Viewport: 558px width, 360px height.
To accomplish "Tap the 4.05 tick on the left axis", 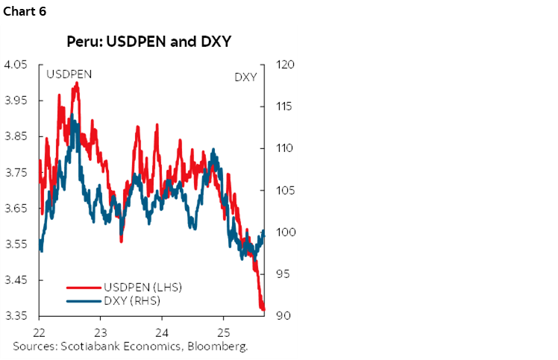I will [x=17, y=65].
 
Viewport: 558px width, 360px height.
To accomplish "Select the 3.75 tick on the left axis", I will [x=17, y=172].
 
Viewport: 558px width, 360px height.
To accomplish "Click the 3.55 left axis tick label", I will [x=17, y=244].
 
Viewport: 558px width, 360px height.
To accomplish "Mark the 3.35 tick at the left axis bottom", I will [x=17, y=315].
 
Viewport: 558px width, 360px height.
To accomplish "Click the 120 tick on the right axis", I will [x=285, y=65].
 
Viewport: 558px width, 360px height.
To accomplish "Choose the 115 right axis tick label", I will [x=285, y=107].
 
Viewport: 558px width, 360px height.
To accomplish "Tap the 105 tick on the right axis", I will [x=285, y=190].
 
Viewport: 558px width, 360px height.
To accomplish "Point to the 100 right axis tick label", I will [x=285, y=232].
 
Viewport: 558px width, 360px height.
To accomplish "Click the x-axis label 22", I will [x=40, y=331].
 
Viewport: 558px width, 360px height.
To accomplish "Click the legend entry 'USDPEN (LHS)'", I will [x=142, y=288].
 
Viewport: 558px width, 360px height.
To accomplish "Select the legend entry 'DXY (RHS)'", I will [x=132, y=300].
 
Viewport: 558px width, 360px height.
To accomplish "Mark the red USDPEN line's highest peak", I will [x=75, y=83].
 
